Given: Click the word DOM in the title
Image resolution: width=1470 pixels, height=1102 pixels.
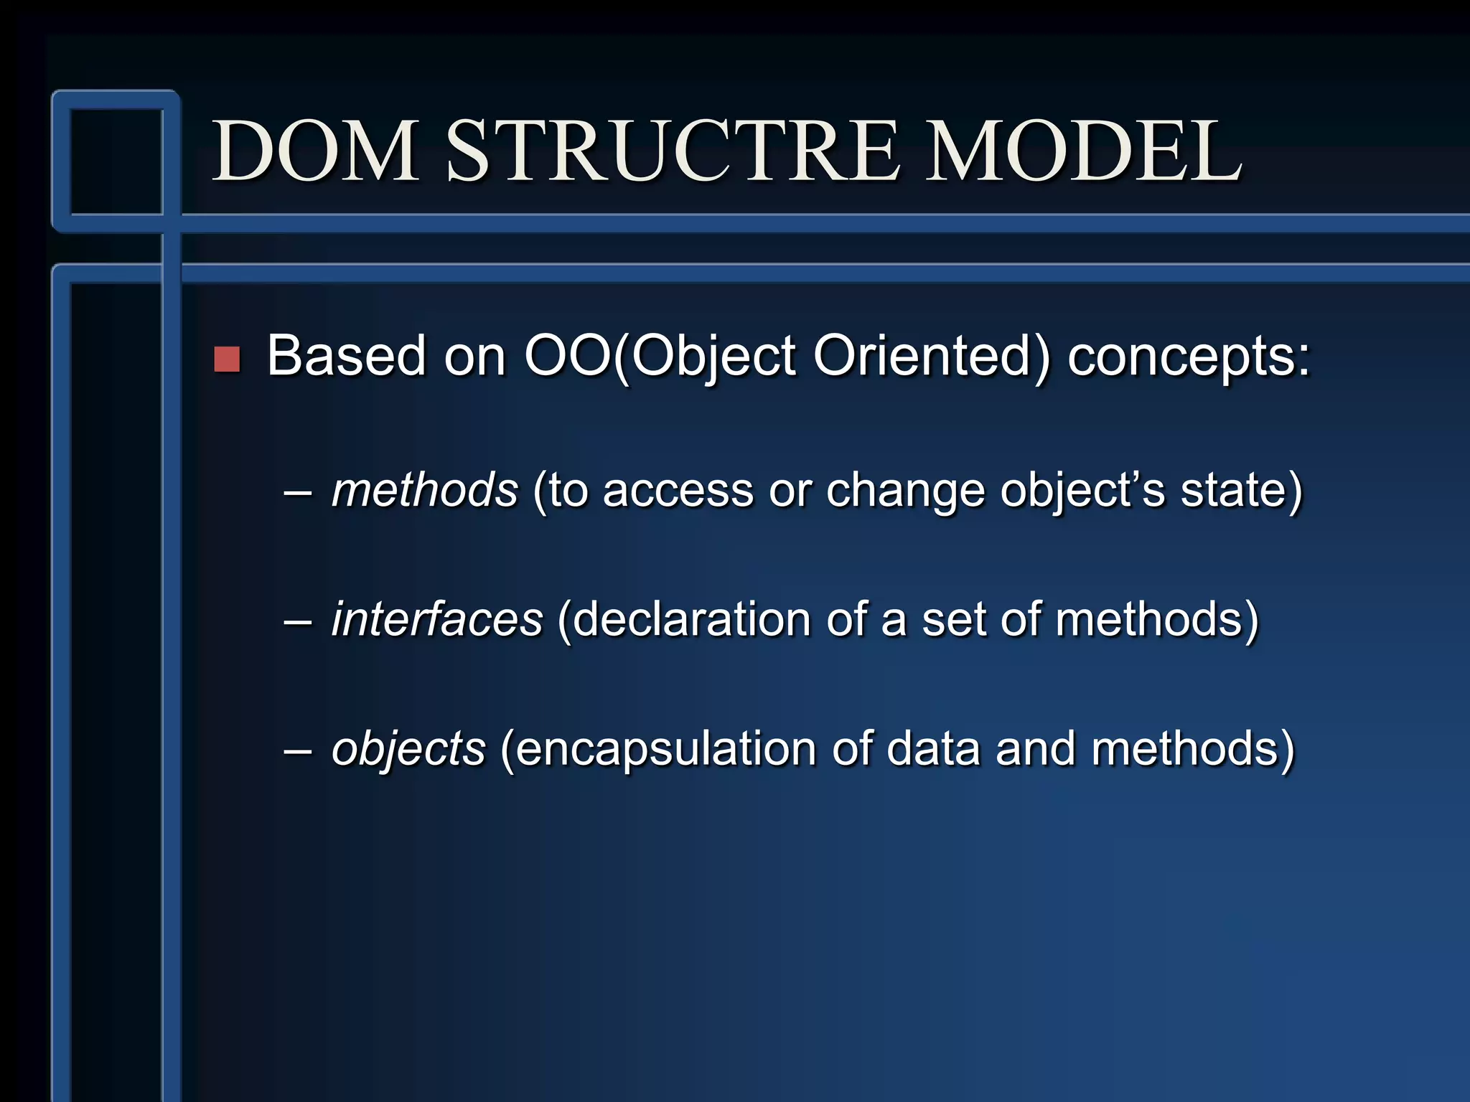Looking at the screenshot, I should click(x=316, y=151).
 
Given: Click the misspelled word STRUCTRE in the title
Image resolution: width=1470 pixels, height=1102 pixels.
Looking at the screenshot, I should click(x=673, y=151).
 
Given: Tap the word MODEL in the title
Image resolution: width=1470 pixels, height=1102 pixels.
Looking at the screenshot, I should click(x=1084, y=151).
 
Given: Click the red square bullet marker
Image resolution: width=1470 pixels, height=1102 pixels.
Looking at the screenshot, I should click(x=227, y=359).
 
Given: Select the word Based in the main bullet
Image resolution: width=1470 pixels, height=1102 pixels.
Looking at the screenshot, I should click(x=347, y=356).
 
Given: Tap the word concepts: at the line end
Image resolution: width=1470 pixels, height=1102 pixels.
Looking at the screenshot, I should click(x=1189, y=357).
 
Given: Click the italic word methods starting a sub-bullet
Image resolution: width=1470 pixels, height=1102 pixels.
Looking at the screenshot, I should click(x=424, y=491).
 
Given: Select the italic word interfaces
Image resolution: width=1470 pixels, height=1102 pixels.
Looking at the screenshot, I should click(x=437, y=620).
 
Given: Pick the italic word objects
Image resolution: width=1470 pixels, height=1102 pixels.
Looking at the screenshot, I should click(x=408, y=749).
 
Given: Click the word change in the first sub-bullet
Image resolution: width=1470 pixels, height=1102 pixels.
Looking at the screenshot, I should click(x=905, y=491).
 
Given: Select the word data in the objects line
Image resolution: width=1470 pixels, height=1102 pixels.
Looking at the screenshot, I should click(x=932, y=749).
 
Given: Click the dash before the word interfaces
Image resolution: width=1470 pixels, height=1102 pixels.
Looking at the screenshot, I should click(x=297, y=621).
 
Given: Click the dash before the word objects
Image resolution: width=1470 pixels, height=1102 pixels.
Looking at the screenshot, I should click(x=297, y=750).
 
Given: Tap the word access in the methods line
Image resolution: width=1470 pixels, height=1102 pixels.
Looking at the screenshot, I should click(x=678, y=492).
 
